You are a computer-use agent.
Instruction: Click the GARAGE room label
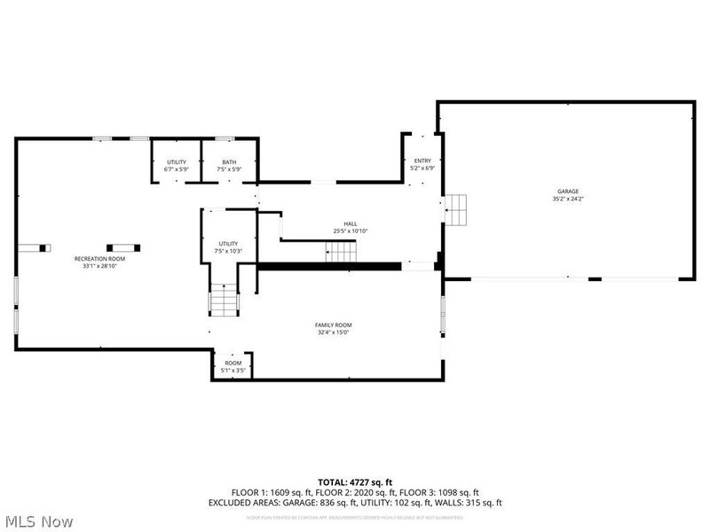(567, 191)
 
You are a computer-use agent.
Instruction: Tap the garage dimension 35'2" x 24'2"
(567, 199)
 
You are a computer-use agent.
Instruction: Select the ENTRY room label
(422, 160)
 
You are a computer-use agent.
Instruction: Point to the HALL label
(350, 223)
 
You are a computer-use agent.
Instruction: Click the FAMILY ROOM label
(333, 325)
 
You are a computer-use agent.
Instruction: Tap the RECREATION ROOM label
(99, 258)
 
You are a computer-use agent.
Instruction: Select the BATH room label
(229, 162)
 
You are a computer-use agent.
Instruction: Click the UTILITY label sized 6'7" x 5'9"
(177, 162)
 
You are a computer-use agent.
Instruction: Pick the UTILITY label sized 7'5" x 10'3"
(229, 243)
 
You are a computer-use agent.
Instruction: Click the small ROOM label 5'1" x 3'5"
(233, 363)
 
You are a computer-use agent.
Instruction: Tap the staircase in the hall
(342, 253)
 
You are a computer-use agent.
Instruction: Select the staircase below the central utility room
(224, 301)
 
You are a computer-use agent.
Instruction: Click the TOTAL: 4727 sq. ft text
(355, 481)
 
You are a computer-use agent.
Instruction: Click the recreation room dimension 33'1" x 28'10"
(99, 266)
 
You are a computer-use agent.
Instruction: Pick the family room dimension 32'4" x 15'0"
(333, 332)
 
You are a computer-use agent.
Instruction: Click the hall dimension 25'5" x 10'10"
(350, 231)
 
